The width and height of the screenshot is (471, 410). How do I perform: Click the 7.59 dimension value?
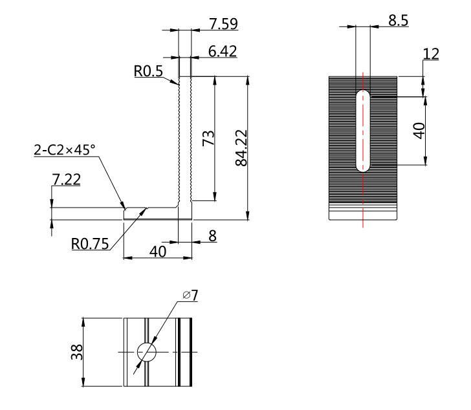tap(223, 24)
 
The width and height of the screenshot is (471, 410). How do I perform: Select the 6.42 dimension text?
tap(223, 51)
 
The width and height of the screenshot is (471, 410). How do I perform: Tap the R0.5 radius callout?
tap(148, 71)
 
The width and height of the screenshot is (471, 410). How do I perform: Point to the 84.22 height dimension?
tap(241, 148)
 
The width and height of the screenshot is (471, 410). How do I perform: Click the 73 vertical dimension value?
tap(208, 138)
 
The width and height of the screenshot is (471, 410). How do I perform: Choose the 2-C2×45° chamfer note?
tap(65, 150)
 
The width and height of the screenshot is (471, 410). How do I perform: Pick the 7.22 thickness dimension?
tap(67, 180)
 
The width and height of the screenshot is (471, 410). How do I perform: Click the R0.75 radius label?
tap(90, 244)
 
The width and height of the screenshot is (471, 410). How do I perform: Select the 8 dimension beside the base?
tap(212, 236)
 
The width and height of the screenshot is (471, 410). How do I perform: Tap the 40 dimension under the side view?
tap(158, 252)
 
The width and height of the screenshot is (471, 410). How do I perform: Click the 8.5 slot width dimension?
tap(399, 21)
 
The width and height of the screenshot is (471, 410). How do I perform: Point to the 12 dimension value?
tap(431, 54)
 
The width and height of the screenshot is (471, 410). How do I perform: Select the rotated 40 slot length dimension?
tap(419, 131)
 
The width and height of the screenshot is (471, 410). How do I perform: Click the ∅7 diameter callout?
tap(190, 296)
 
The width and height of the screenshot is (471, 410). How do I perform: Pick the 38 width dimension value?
tap(77, 352)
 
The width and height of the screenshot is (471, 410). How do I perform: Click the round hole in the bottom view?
tap(147, 352)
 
